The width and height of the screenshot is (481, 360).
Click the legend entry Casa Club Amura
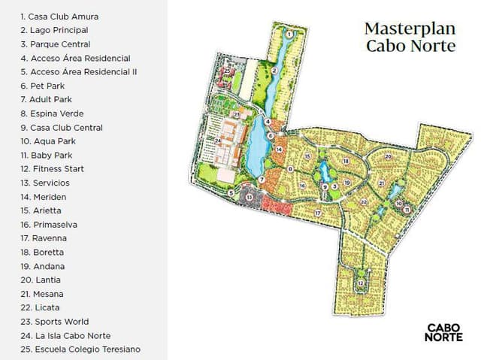tap(59, 16)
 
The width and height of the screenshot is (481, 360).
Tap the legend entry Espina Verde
tap(52, 113)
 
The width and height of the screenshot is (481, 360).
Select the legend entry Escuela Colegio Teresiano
tap(80, 349)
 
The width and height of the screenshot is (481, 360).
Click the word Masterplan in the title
tap(410, 29)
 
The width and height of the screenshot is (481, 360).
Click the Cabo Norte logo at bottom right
tap(443, 332)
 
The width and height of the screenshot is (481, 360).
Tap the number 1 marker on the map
tap(289, 32)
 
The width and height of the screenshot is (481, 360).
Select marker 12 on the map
tap(362, 283)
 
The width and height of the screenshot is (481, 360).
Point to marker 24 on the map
tap(218, 140)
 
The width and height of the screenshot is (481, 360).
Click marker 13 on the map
tap(250, 197)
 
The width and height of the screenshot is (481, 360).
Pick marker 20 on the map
tap(388, 156)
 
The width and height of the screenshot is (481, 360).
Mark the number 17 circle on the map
tap(318, 213)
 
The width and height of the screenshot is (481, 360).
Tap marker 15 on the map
tap(308, 156)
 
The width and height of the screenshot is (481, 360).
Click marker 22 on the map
tap(363, 201)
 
